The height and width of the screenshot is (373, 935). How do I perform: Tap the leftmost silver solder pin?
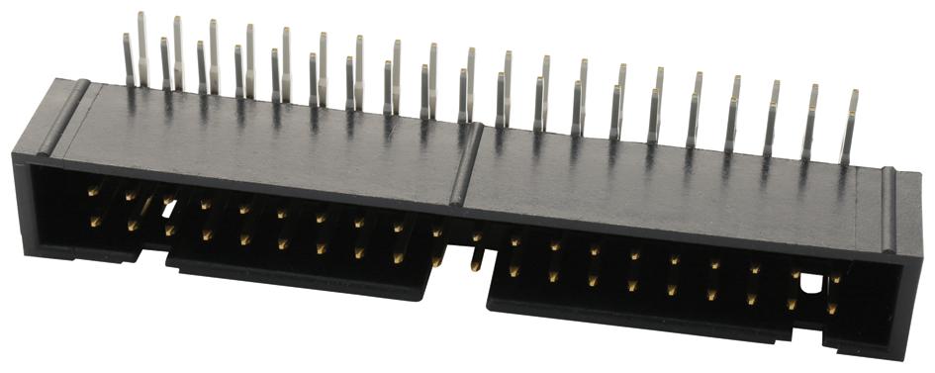tap(128, 59)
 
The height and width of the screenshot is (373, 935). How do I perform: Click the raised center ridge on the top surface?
tap(467, 163)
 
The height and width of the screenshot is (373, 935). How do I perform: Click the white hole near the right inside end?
tap(810, 285)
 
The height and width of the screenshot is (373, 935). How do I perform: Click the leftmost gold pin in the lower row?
tap(95, 222)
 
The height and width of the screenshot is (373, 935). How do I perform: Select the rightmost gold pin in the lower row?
tap(831, 309)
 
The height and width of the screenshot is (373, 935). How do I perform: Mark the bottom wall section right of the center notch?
tap(643, 323)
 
